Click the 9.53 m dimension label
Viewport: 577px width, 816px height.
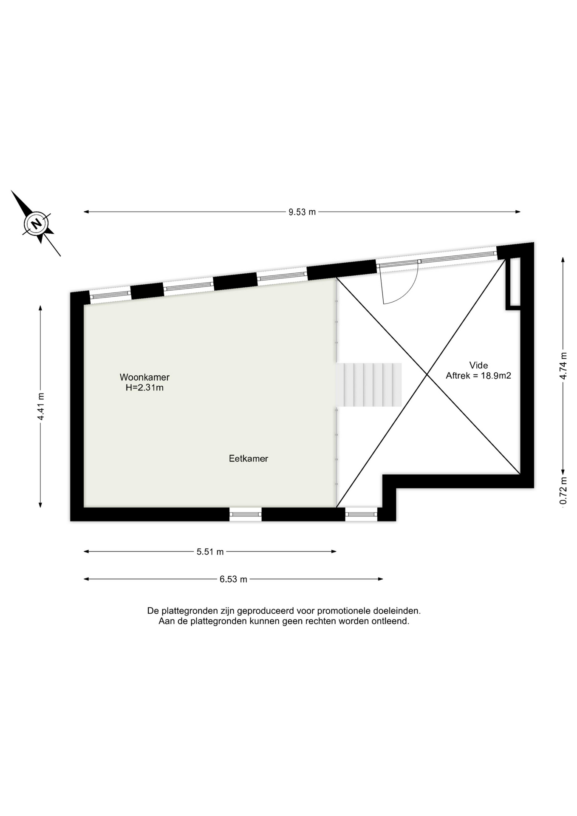pos(302,212)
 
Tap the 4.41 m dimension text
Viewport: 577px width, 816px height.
pos(41,406)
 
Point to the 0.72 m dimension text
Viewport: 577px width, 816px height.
pos(563,491)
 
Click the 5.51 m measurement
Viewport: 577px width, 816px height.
pos(210,552)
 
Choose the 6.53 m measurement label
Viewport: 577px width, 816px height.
pos(233,579)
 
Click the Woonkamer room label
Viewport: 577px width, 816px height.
pos(144,377)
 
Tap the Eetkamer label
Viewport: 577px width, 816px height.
pos(249,459)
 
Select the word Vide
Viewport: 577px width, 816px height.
pos(478,365)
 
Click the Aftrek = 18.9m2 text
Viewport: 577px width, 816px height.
pos(478,376)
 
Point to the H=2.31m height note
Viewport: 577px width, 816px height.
pos(144,388)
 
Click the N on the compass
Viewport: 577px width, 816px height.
pos(37,223)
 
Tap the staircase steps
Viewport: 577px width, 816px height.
pos(369,385)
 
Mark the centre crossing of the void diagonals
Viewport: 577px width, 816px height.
pos(427,374)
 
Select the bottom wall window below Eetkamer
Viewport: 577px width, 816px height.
pos(246,514)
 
